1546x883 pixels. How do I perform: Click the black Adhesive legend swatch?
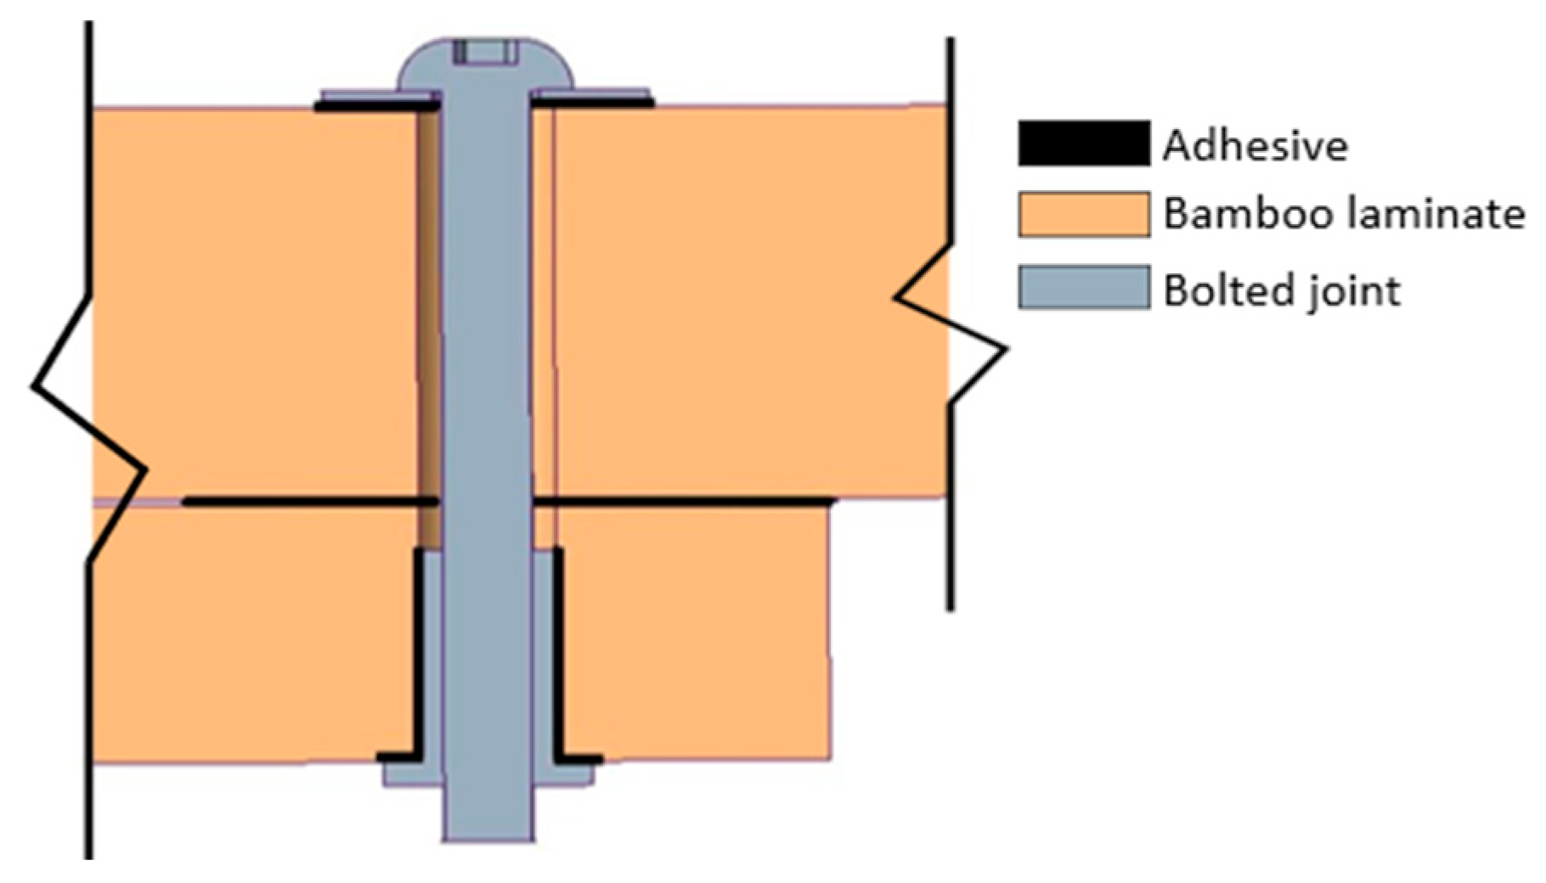[x=1084, y=143]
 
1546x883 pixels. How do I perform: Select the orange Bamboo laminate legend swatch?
[x=1084, y=214]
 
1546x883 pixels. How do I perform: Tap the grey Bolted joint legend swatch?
[x=1084, y=287]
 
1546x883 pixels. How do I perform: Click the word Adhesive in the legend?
[x=1255, y=146]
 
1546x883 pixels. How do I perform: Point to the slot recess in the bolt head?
[x=485, y=51]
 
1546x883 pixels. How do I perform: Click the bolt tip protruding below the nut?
[x=488, y=815]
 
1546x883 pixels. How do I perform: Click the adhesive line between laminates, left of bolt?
[x=311, y=503]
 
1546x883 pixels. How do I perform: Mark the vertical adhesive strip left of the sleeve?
[x=418, y=654]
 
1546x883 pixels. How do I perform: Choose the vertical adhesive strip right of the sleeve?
[x=558, y=654]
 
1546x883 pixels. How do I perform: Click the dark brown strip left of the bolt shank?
[x=430, y=323]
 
